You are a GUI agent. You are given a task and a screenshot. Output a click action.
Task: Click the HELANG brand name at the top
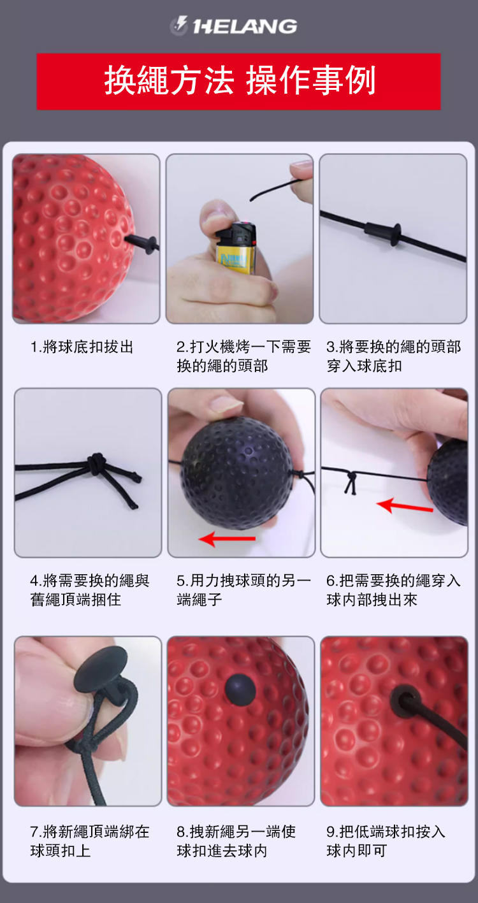(245, 26)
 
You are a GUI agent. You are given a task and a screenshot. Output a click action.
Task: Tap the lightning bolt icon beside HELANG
(178, 25)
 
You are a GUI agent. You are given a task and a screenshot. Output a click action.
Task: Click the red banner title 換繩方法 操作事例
(240, 81)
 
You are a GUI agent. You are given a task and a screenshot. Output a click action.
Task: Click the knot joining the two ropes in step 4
(96, 463)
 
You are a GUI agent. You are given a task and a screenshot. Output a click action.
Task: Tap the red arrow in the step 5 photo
(227, 538)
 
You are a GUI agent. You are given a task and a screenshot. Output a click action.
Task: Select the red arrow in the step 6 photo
(405, 506)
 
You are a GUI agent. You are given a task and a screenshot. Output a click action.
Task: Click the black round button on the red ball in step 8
(240, 688)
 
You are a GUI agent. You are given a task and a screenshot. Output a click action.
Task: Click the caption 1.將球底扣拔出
(82, 347)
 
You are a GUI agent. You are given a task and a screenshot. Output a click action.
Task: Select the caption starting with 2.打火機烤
(243, 356)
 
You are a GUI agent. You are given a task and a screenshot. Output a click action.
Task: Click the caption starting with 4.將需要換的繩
(90, 590)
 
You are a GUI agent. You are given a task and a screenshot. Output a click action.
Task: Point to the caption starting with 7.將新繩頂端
(90, 841)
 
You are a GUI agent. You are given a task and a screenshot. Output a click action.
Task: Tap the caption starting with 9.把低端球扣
(386, 841)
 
